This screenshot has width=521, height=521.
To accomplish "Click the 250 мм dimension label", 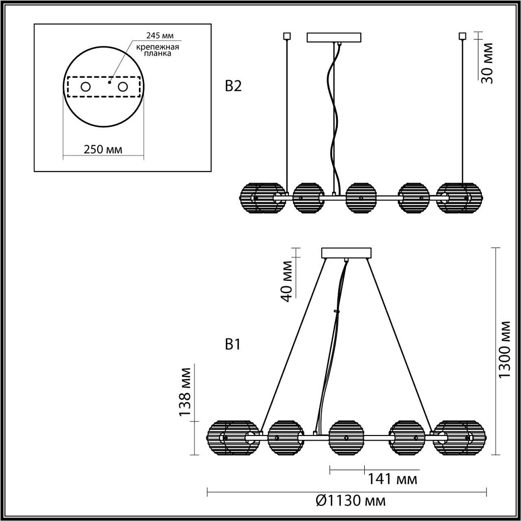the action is (103, 150).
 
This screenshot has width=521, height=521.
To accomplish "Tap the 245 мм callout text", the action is (160, 35).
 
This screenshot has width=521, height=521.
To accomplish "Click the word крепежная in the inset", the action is (158, 47).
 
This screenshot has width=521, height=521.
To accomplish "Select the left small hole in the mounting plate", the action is (85, 87).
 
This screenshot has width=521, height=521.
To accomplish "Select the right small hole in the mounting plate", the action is (123, 87).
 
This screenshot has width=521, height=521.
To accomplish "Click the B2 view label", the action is (233, 86).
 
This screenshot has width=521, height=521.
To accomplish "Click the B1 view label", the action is (233, 344).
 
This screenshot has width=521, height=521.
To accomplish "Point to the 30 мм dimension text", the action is (487, 63).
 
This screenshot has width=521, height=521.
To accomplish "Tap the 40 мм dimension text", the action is (286, 281).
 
